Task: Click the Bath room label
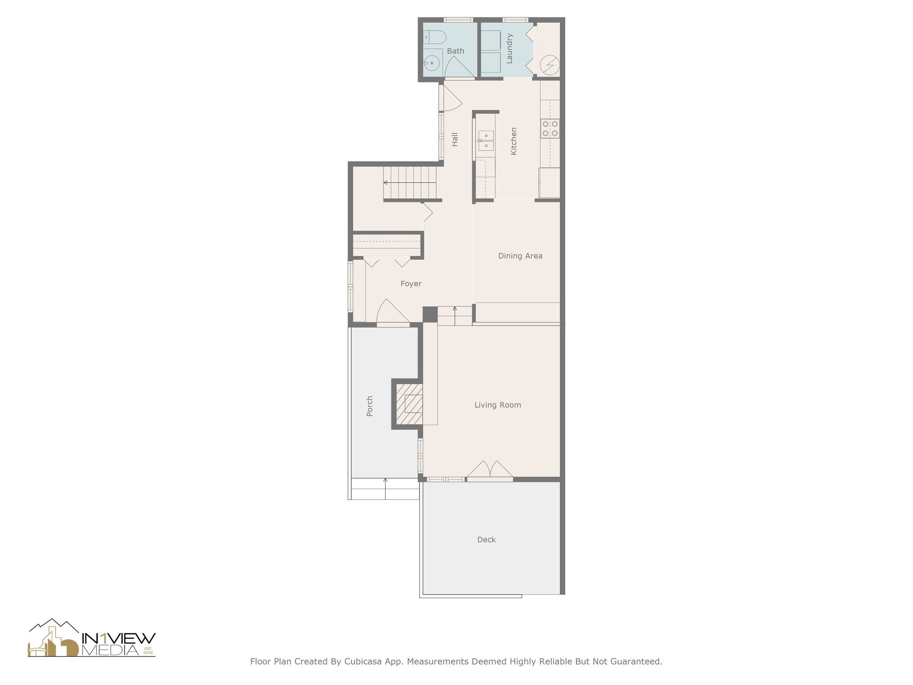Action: click(455, 51)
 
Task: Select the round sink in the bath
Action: click(431, 63)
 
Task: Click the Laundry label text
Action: click(510, 49)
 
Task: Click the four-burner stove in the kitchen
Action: click(550, 128)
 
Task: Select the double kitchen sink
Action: click(485, 140)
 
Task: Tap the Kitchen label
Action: click(514, 141)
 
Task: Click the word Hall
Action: click(455, 139)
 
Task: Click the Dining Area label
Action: click(520, 256)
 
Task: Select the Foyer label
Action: click(411, 284)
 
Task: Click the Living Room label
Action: click(498, 405)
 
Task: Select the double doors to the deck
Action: click(489, 471)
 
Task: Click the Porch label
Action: click(370, 406)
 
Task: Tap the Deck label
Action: click(486, 540)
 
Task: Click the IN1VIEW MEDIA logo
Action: click(92, 639)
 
